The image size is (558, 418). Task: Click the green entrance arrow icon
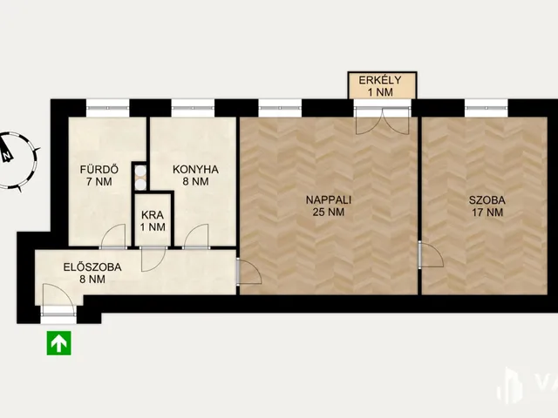[x=58, y=343]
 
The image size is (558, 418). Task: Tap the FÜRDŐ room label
[x=99, y=170]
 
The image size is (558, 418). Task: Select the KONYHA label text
[x=195, y=170]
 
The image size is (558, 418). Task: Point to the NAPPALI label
[x=329, y=199]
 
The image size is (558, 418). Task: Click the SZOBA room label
[x=487, y=200]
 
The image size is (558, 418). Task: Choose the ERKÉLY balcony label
[x=380, y=80]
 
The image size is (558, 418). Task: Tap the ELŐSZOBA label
[x=92, y=267]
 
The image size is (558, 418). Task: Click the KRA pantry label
[x=153, y=215]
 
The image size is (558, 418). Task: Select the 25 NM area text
[x=329, y=212]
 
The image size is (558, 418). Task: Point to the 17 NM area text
[x=487, y=212]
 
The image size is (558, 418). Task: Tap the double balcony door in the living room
[x=382, y=121]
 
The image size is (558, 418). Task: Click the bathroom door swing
[x=113, y=236]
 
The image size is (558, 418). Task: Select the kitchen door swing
[x=196, y=236]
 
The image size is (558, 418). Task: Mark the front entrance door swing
[x=58, y=300]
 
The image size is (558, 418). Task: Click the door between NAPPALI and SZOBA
[x=431, y=254]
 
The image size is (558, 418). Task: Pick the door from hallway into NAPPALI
[x=249, y=271]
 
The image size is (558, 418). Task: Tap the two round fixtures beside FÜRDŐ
[x=141, y=178]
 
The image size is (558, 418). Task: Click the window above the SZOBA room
[x=487, y=108]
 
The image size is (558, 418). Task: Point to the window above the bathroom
[x=108, y=108]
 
